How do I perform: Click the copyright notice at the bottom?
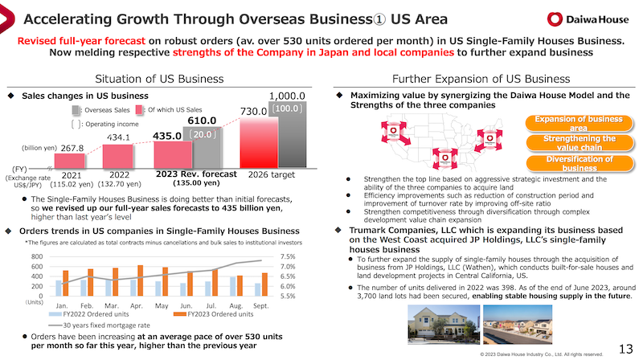tap(541, 353)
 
